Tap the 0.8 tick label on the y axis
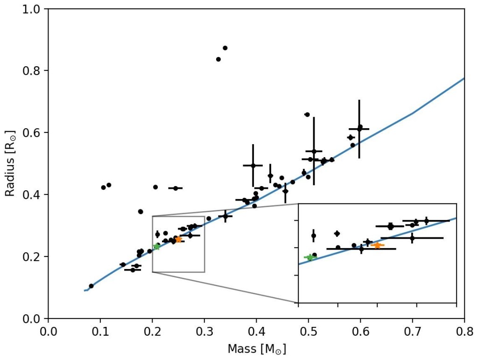(33, 71)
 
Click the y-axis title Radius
(10, 163)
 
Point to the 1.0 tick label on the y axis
(33, 9)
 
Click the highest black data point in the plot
(225, 48)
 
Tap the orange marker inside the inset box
(377, 245)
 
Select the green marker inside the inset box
(309, 257)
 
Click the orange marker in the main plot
(178, 239)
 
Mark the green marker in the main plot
(156, 246)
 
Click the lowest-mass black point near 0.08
(91, 286)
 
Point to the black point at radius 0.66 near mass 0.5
(307, 114)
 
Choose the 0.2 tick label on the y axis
(33, 256)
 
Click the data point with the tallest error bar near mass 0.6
(359, 129)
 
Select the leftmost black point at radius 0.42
(103, 187)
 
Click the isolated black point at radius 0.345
(141, 211)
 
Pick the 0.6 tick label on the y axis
(33, 132)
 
